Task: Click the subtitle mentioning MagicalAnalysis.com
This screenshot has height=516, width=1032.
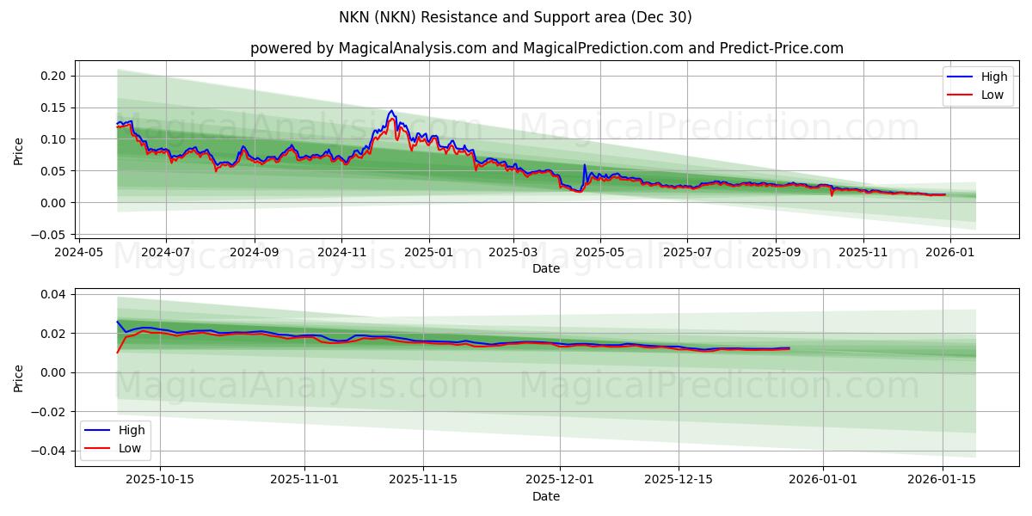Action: coord(546,48)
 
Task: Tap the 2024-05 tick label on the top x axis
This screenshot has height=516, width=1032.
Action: coord(78,252)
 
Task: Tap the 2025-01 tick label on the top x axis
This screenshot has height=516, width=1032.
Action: coord(428,252)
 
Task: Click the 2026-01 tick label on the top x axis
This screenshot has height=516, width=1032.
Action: coord(949,252)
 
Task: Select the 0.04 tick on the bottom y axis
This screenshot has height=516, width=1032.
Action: coord(55,294)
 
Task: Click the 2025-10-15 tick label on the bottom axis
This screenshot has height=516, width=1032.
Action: coord(160,480)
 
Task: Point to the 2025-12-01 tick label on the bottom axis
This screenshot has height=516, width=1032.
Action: coord(560,480)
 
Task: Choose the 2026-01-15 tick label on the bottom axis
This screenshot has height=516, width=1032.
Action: coord(942,480)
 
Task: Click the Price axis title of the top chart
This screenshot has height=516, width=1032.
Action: coord(19,150)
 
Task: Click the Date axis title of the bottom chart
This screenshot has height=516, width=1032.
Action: coord(546,496)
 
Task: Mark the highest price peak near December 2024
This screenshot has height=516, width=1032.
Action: coord(391,111)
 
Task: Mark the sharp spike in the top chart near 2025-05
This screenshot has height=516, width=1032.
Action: coord(585,165)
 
